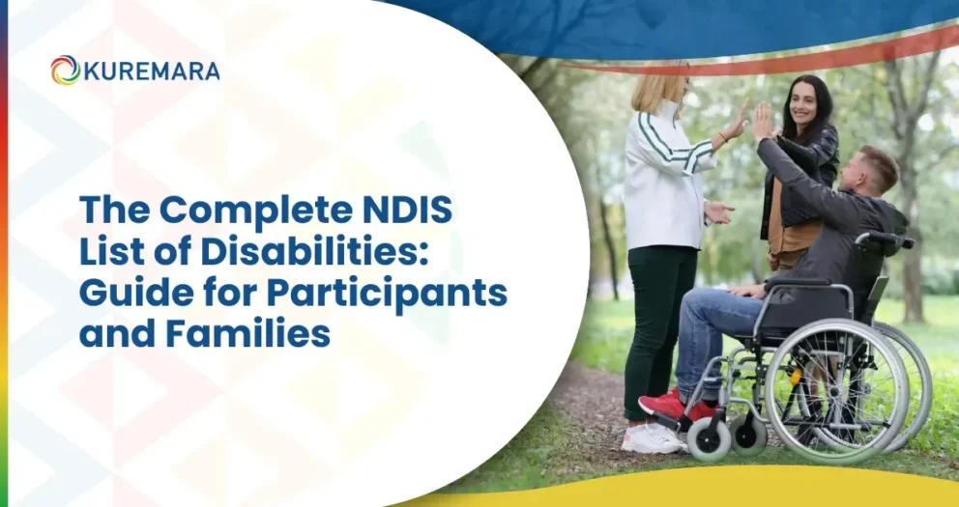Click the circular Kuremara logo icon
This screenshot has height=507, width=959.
66,70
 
